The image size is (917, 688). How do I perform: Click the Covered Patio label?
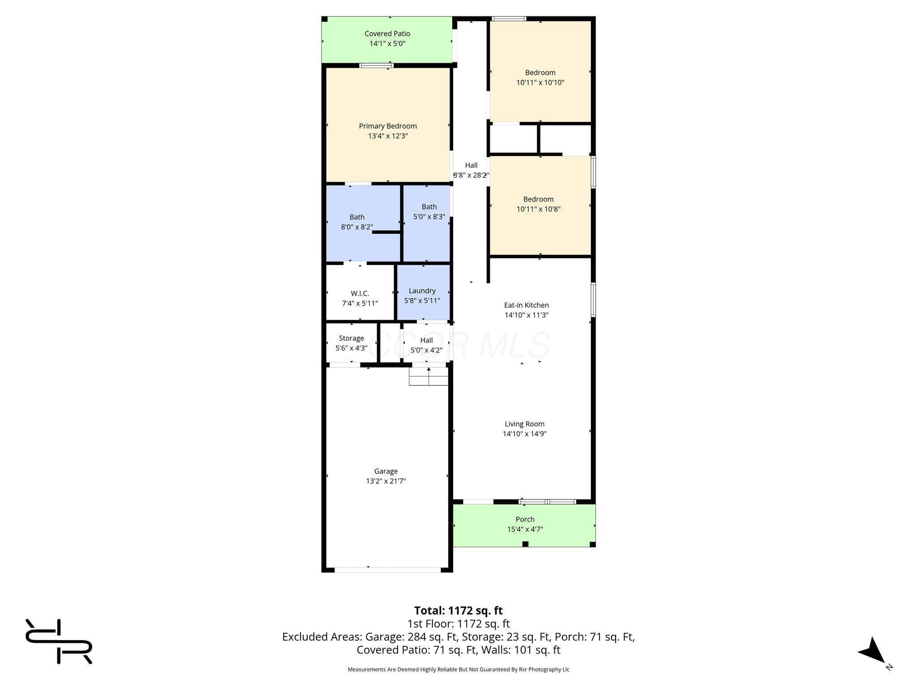[387, 34]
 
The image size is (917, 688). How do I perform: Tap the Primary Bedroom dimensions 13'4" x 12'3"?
[388, 136]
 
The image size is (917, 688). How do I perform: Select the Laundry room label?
[422, 291]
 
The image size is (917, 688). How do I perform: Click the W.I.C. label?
[360, 294]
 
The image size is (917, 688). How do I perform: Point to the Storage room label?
[351, 339]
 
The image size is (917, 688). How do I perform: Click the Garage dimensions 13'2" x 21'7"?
[386, 481]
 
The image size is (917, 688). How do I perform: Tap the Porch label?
[525, 520]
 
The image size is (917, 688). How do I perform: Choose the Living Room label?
[525, 424]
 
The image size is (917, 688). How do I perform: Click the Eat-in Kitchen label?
[527, 305]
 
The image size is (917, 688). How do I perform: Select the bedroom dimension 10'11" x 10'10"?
[540, 82]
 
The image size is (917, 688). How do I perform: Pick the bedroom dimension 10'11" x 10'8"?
[539, 209]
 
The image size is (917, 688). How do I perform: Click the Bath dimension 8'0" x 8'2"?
[357, 227]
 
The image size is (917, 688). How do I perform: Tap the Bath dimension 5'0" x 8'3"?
[429, 217]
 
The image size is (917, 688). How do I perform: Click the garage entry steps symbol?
[429, 376]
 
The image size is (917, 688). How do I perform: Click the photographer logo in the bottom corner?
[59, 641]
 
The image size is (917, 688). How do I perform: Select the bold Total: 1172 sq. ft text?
[458, 611]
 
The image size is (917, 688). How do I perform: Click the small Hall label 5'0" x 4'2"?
[426, 345]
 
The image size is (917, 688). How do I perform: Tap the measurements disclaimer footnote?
[458, 670]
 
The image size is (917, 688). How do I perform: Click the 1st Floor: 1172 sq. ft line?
[458, 624]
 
